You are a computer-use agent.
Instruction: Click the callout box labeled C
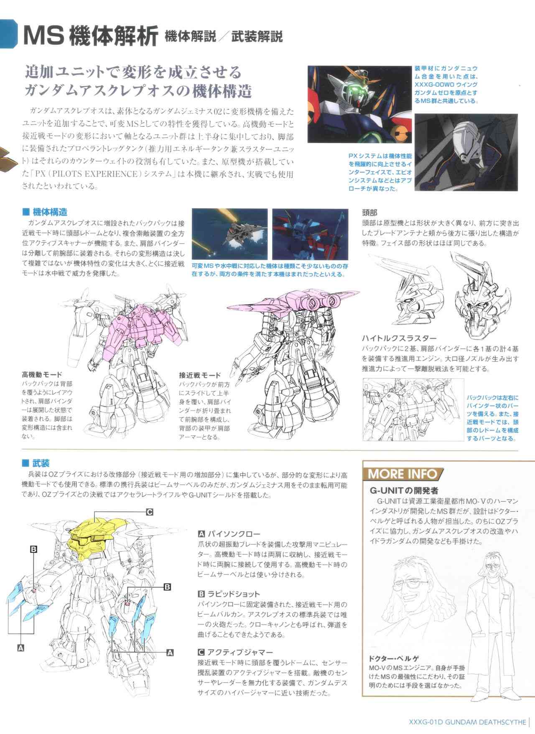[x=149, y=512]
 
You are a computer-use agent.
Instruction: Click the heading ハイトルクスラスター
[x=399, y=338]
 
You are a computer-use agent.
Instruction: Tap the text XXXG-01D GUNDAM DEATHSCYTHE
[x=467, y=721]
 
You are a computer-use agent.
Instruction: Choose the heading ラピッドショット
[x=229, y=594]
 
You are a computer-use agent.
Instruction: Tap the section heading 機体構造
[x=45, y=212]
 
